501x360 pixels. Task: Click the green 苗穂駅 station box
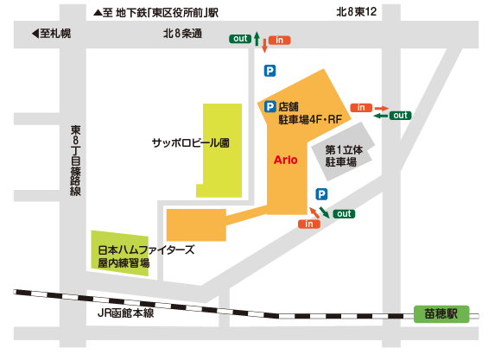[x=441, y=314]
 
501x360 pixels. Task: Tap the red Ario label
[x=285, y=160]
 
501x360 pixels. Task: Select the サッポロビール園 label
[x=190, y=142]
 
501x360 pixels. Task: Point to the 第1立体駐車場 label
[x=344, y=156]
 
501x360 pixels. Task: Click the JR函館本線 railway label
[x=125, y=313]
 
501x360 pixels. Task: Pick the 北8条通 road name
[x=182, y=34]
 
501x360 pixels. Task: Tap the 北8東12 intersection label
[x=356, y=12]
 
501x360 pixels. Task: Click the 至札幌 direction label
[x=52, y=33]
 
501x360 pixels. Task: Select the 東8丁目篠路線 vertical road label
[x=75, y=161]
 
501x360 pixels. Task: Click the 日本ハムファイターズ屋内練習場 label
[x=146, y=256]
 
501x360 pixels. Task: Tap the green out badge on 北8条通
[x=240, y=39]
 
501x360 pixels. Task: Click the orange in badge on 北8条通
[x=279, y=41]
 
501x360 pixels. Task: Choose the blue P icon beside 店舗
[x=270, y=106]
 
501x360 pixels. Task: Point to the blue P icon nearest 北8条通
[x=270, y=71]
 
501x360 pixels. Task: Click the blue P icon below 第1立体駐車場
[x=321, y=194]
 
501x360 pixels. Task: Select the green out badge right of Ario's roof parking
[x=400, y=116]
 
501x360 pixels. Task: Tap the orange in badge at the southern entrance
[x=309, y=224]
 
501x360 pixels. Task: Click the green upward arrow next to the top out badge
[x=257, y=39]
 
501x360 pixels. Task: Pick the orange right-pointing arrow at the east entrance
[x=382, y=108]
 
